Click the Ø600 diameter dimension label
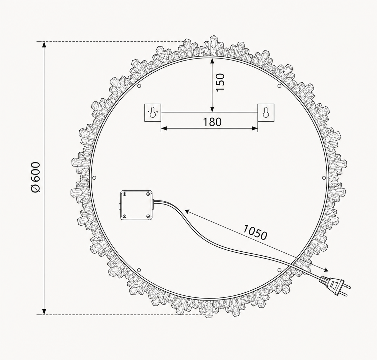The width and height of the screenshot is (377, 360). pos(35,177)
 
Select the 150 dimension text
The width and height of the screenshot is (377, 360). pos(220,82)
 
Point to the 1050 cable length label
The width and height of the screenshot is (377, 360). pos(255,232)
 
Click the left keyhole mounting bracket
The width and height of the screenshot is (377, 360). pos(153,113)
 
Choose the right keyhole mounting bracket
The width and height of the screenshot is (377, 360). pos(266,112)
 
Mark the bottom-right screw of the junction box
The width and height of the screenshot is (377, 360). pos(148,216)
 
